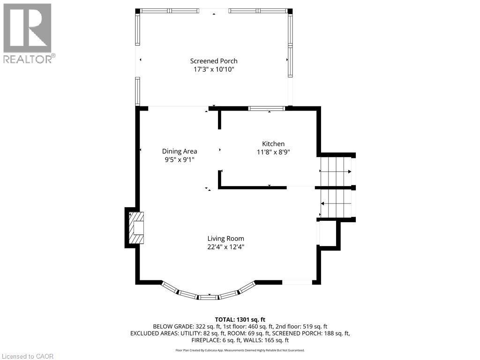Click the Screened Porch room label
(x=213, y=61)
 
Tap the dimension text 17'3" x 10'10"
(x=213, y=69)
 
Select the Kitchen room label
(x=273, y=144)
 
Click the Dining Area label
(x=180, y=151)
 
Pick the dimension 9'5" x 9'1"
(x=180, y=159)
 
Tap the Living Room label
(x=226, y=238)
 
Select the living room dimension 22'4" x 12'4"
(x=226, y=247)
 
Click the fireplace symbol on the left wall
(x=136, y=228)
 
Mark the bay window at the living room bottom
(x=209, y=295)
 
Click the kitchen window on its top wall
(x=266, y=109)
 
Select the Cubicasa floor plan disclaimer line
(x=240, y=350)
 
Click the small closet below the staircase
(x=328, y=233)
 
